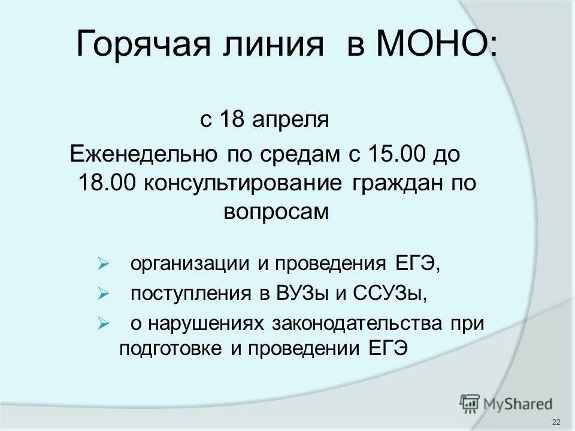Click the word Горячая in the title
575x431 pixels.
click(144, 46)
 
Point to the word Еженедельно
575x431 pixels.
click(143, 154)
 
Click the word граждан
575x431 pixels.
click(393, 183)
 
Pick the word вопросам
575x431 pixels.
click(277, 212)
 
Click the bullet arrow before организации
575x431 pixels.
click(102, 263)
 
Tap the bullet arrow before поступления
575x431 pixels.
click(102, 294)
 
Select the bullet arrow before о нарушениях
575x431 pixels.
click(102, 324)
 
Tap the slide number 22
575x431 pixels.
click(556, 422)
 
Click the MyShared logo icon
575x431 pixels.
click(470, 402)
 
